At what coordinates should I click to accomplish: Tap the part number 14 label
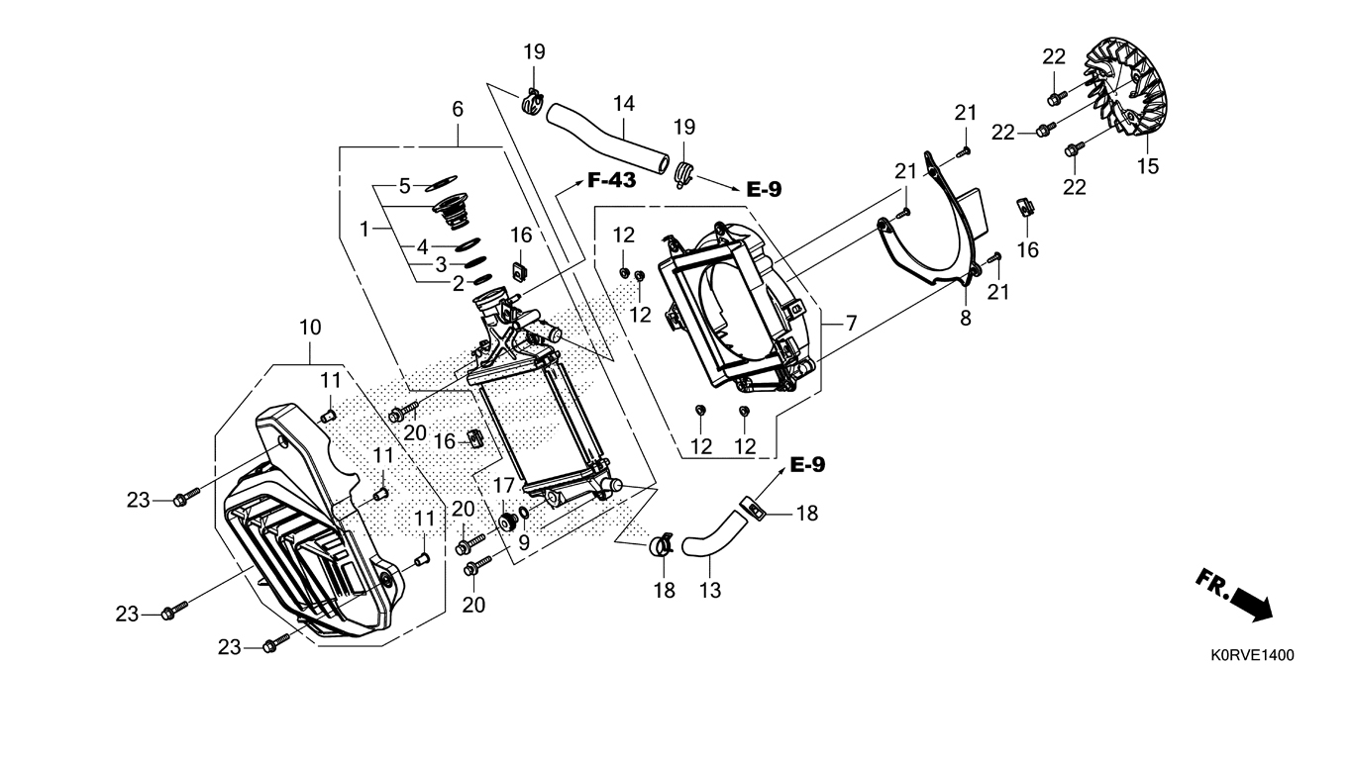[x=623, y=102]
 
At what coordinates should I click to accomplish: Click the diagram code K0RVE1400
[x=1251, y=655]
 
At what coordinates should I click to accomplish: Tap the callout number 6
[x=458, y=109]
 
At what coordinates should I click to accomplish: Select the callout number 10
[x=310, y=328]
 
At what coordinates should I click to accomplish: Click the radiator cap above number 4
[x=453, y=212]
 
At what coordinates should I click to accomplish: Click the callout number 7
[x=851, y=323]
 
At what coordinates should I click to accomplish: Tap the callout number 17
[x=504, y=486]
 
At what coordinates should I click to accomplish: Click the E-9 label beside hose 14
[x=764, y=189]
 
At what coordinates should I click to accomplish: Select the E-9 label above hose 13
[x=807, y=465]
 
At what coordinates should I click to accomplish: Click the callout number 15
[x=1147, y=166]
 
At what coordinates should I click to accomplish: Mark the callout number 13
[x=709, y=591]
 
